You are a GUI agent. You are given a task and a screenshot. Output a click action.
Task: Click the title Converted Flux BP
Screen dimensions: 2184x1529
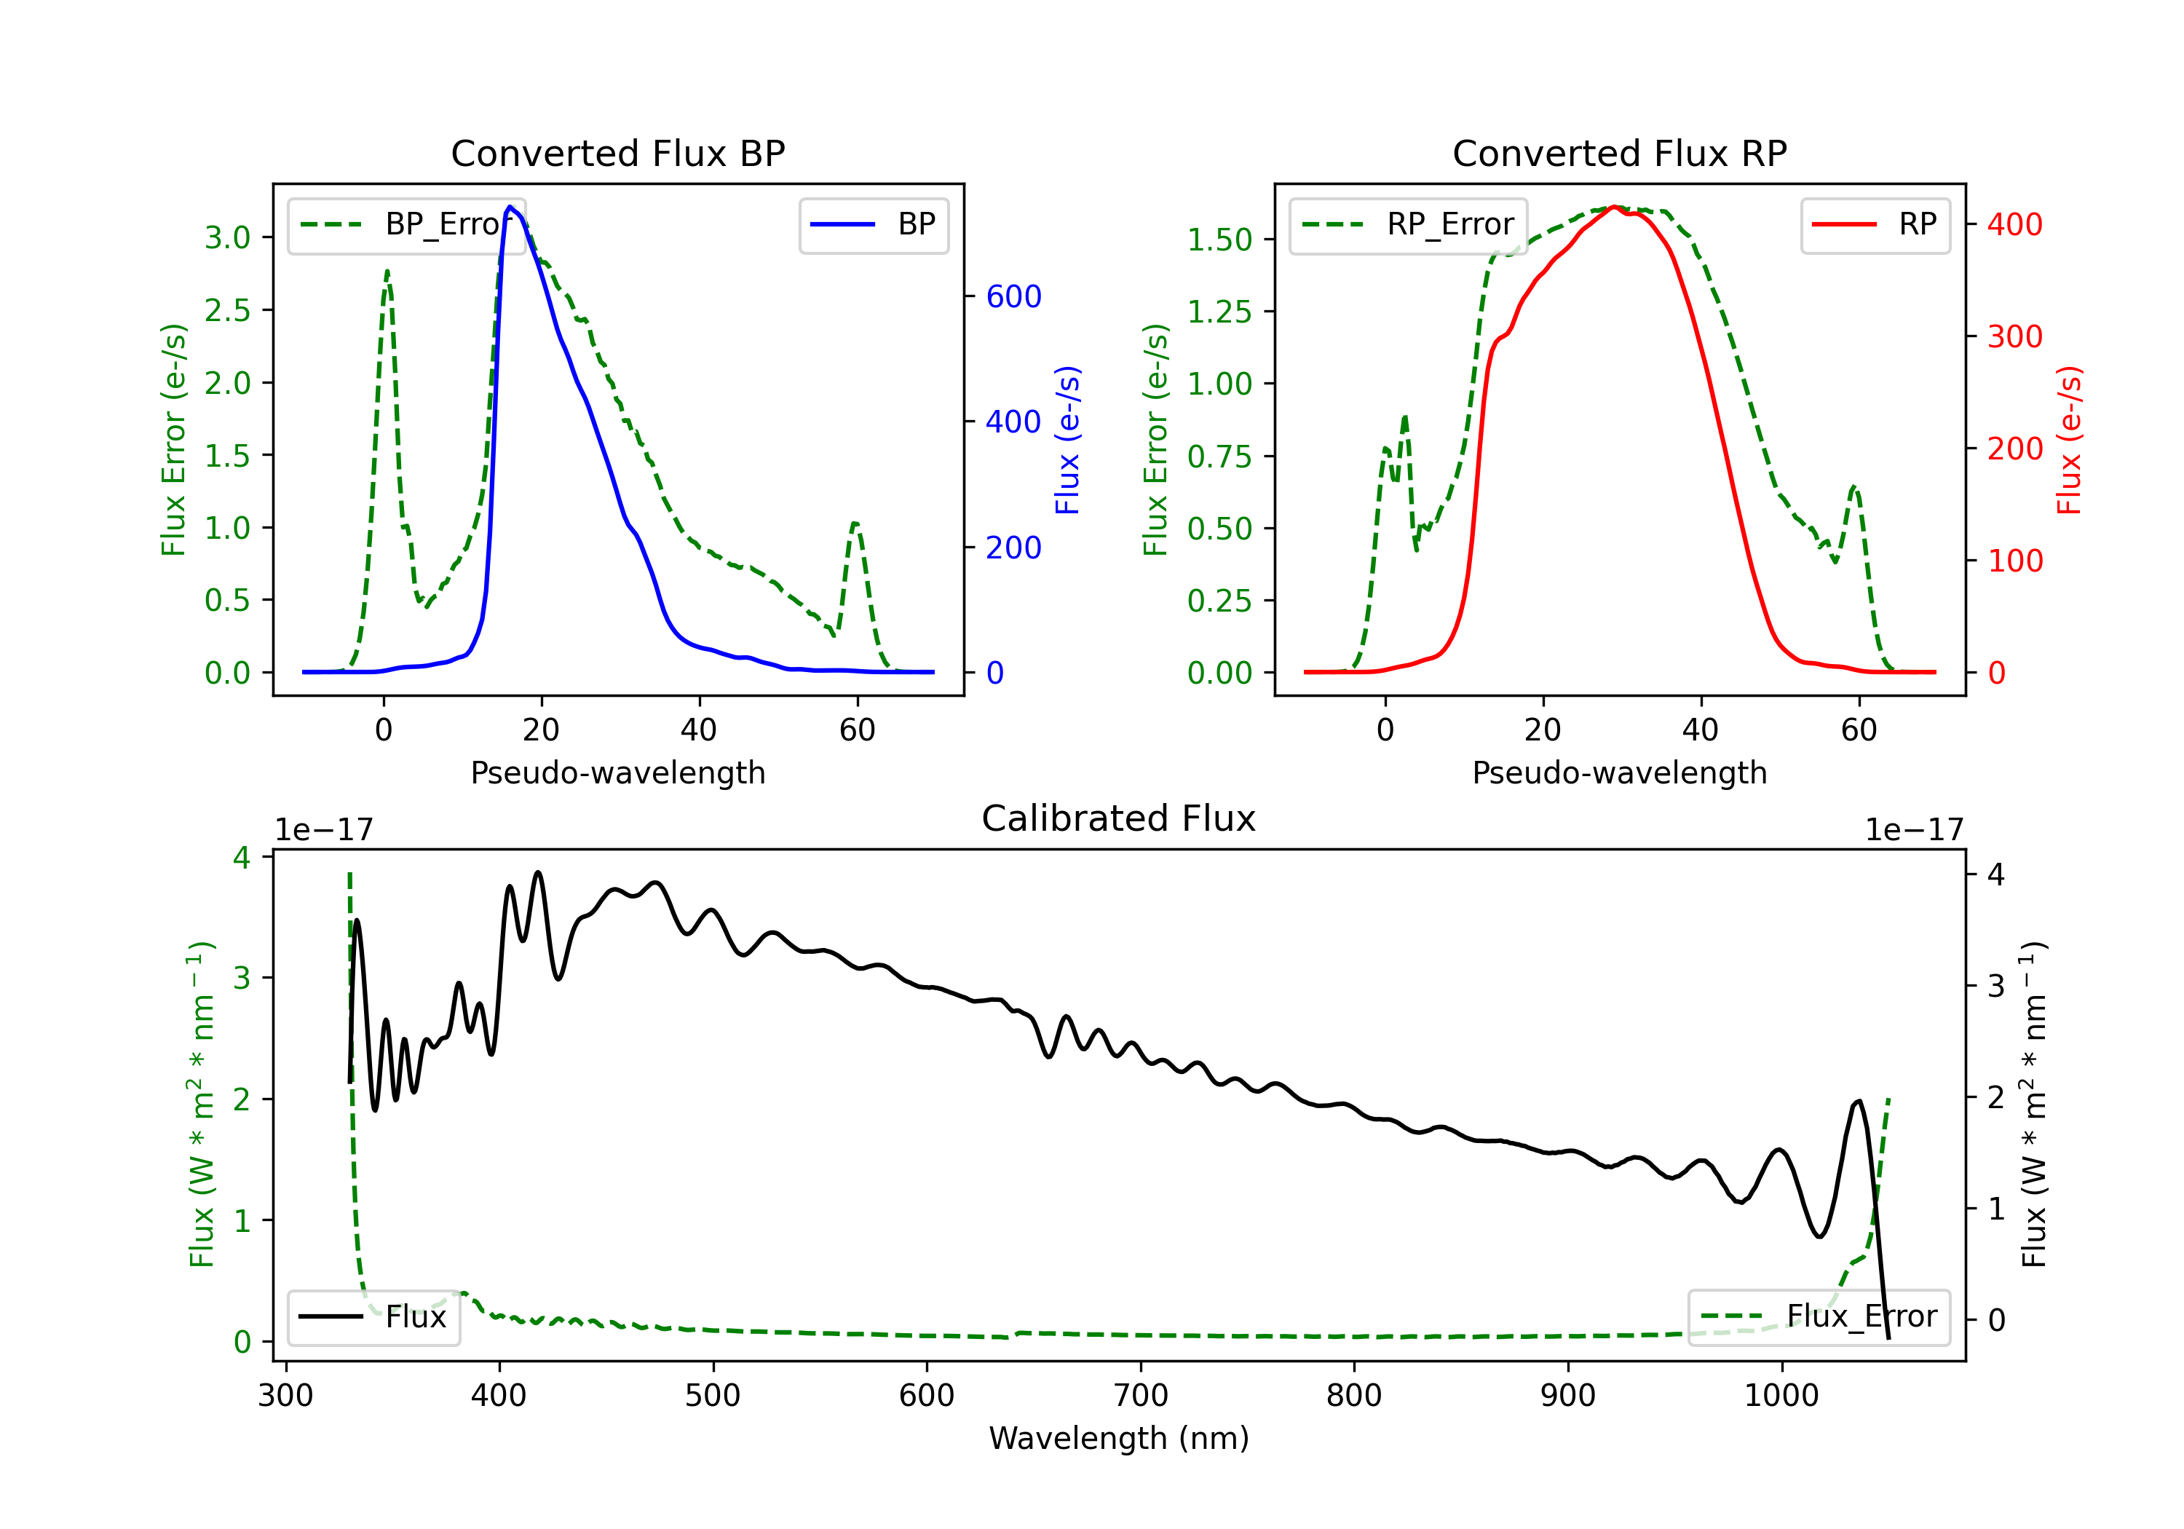click(x=618, y=153)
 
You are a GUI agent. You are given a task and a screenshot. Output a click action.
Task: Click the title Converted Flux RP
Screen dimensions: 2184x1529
click(x=1620, y=153)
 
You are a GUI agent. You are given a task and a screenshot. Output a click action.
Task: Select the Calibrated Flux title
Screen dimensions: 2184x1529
click(x=1119, y=818)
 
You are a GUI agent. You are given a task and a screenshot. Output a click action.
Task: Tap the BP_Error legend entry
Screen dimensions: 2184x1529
click(x=407, y=224)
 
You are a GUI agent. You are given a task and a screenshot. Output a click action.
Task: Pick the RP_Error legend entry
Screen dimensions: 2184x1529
click(x=1408, y=224)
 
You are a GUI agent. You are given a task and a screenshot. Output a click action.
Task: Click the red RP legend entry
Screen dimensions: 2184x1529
click(x=1875, y=224)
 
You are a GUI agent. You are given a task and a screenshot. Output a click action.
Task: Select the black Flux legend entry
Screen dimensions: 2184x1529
click(x=374, y=1317)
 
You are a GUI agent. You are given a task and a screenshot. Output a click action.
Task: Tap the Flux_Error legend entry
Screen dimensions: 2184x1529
click(x=1819, y=1317)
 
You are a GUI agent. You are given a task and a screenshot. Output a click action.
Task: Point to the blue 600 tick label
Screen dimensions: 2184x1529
click(x=1014, y=297)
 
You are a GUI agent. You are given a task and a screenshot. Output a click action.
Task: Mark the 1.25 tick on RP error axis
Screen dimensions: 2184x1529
click(x=1219, y=311)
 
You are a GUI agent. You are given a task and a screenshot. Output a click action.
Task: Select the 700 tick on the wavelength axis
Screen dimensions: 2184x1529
click(x=1141, y=1396)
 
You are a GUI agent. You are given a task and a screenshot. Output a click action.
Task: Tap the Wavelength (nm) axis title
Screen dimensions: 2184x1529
click(x=1119, y=1439)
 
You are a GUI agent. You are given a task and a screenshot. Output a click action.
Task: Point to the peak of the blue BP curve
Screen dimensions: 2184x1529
click(x=510, y=207)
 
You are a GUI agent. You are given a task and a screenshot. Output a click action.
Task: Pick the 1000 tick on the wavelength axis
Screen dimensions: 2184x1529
click(x=1781, y=1396)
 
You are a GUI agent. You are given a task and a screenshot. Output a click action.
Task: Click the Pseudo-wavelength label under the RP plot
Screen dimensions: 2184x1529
click(x=1620, y=773)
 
